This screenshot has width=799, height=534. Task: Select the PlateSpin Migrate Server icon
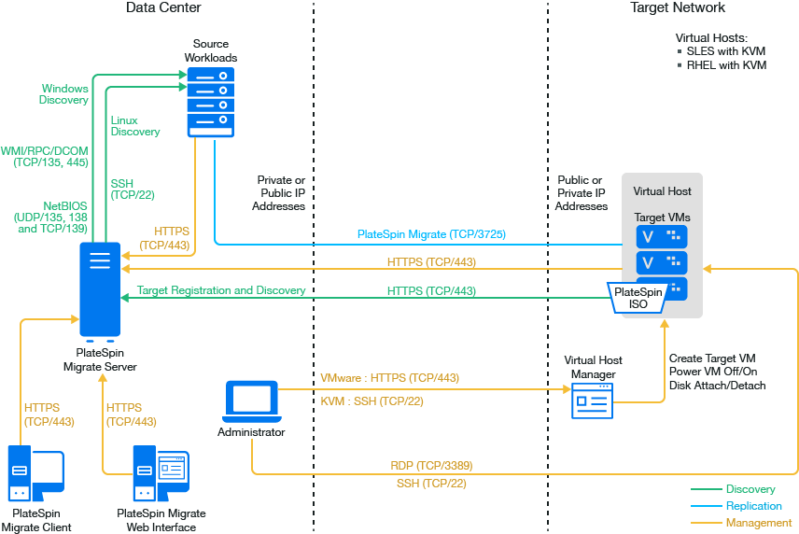100,289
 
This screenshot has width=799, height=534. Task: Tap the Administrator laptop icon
251,400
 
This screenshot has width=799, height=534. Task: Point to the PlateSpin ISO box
638,297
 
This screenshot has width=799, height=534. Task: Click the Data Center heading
163,8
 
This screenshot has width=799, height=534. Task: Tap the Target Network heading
677,8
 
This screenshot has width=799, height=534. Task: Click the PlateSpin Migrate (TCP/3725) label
431,234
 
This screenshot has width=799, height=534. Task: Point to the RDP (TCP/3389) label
431,464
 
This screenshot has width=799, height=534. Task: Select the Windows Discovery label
64,94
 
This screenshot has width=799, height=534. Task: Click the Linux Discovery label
135,126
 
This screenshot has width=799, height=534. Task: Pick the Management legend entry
758,523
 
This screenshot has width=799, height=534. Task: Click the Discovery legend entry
750,489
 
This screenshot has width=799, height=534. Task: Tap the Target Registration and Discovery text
221,290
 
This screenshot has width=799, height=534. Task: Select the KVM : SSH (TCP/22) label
371,401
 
